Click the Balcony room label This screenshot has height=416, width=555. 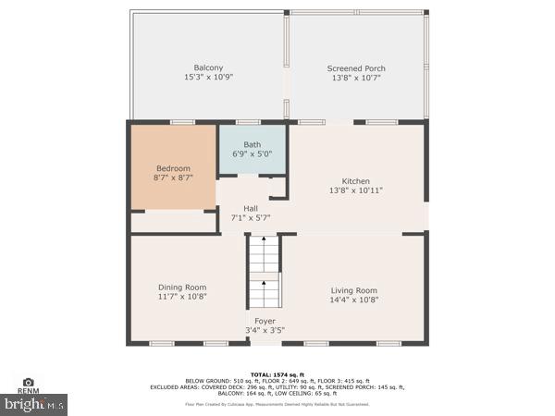(207, 67)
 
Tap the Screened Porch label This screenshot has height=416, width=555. (356, 68)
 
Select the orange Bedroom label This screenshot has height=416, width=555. (173, 168)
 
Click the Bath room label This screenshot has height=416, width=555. (252, 145)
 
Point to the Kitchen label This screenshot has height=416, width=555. (356, 181)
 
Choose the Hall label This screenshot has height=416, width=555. (251, 208)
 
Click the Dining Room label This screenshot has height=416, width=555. (181, 288)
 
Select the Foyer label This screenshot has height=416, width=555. (265, 321)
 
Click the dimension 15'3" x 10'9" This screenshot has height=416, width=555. (207, 78)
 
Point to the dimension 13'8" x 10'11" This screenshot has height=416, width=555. (356, 190)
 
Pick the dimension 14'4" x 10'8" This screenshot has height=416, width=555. (354, 300)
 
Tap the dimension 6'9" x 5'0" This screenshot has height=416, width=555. (252, 154)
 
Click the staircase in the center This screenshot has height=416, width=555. (265, 273)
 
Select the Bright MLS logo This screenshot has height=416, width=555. (34, 404)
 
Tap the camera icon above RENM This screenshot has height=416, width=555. (28, 382)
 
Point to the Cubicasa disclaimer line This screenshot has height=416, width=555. (277, 404)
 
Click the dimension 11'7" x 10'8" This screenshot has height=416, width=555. (181, 298)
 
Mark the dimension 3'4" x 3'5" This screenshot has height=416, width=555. (265, 330)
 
